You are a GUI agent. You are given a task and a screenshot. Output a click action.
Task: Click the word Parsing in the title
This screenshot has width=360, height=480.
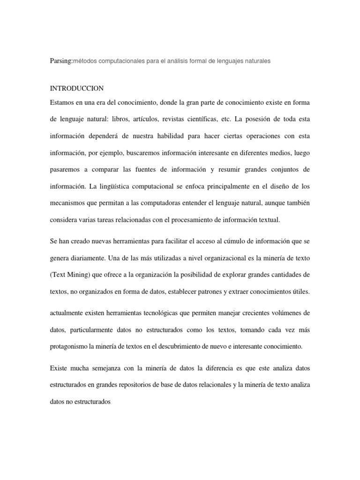[x=61, y=61]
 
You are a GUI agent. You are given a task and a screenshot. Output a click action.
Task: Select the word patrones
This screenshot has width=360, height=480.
[x=200, y=292]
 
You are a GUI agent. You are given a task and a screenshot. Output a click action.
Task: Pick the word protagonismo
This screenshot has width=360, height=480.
[x=70, y=346]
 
